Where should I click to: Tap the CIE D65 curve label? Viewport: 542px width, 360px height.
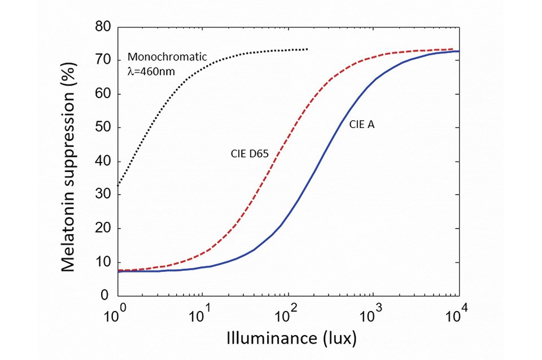(x=248, y=153)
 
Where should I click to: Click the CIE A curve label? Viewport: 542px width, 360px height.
(x=361, y=125)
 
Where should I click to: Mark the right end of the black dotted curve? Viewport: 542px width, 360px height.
(x=307, y=49)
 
